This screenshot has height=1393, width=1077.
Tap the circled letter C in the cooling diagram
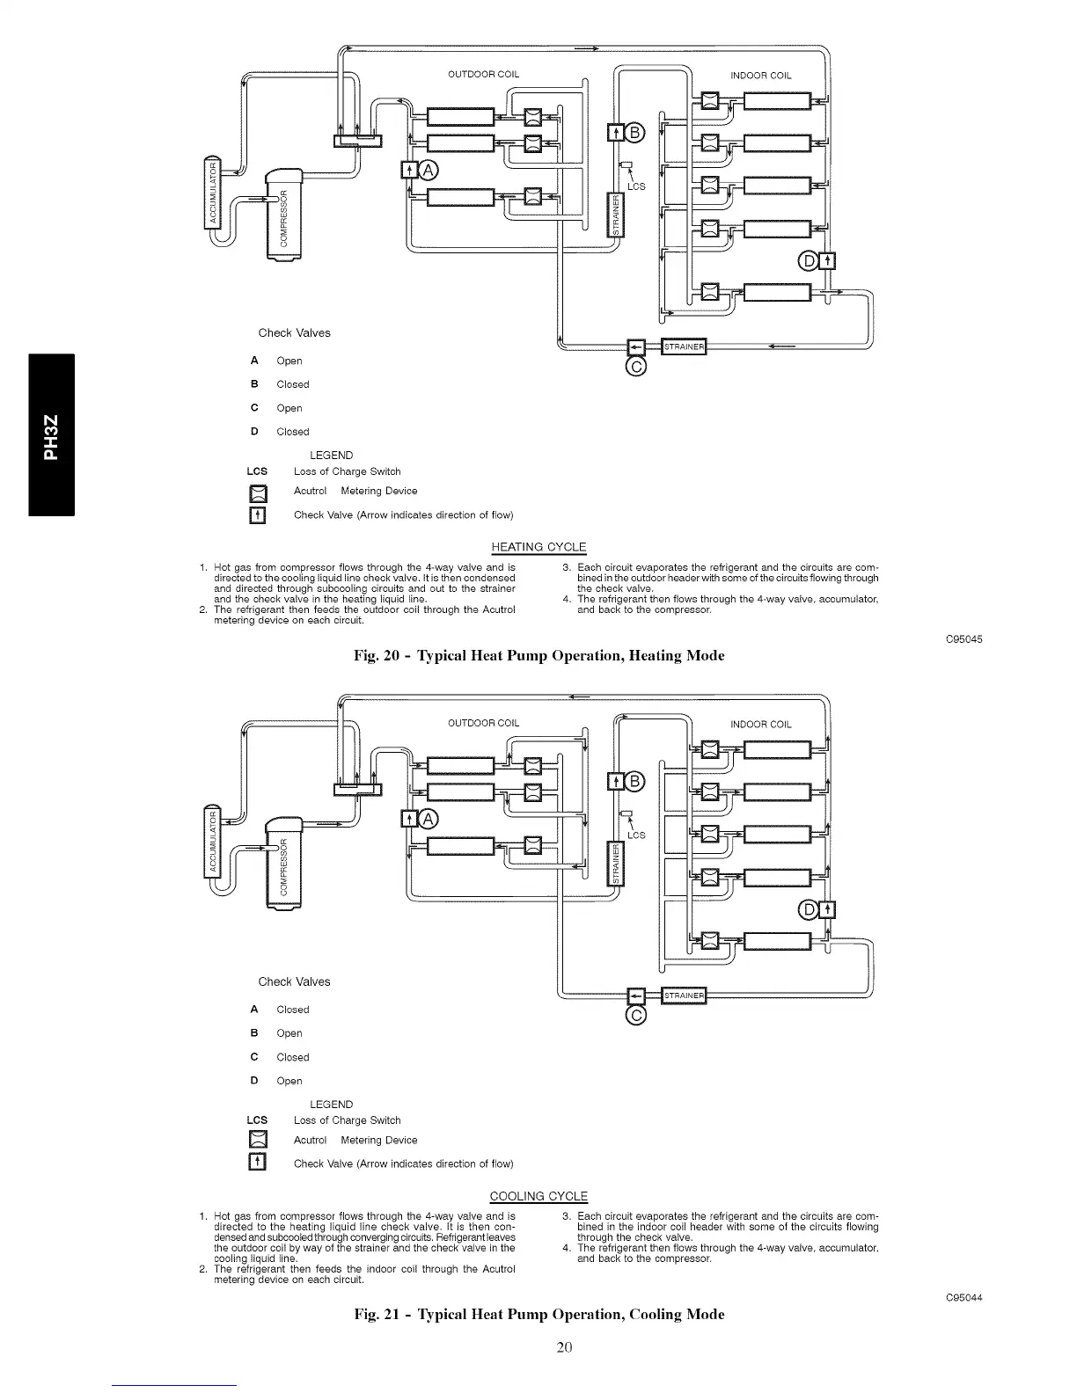(636, 1017)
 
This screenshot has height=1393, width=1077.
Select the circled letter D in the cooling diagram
(808, 910)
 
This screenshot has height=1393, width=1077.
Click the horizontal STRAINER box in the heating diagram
(684, 346)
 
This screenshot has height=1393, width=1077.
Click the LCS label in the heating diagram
(636, 186)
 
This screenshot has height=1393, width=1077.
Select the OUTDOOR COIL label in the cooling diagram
(483, 724)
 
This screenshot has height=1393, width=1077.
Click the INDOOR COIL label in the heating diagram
(761, 75)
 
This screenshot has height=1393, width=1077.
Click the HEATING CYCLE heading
(538, 547)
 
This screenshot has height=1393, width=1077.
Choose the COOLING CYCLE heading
(538, 1196)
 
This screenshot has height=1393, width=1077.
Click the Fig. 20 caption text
(538, 655)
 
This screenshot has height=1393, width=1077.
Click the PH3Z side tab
(52, 434)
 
